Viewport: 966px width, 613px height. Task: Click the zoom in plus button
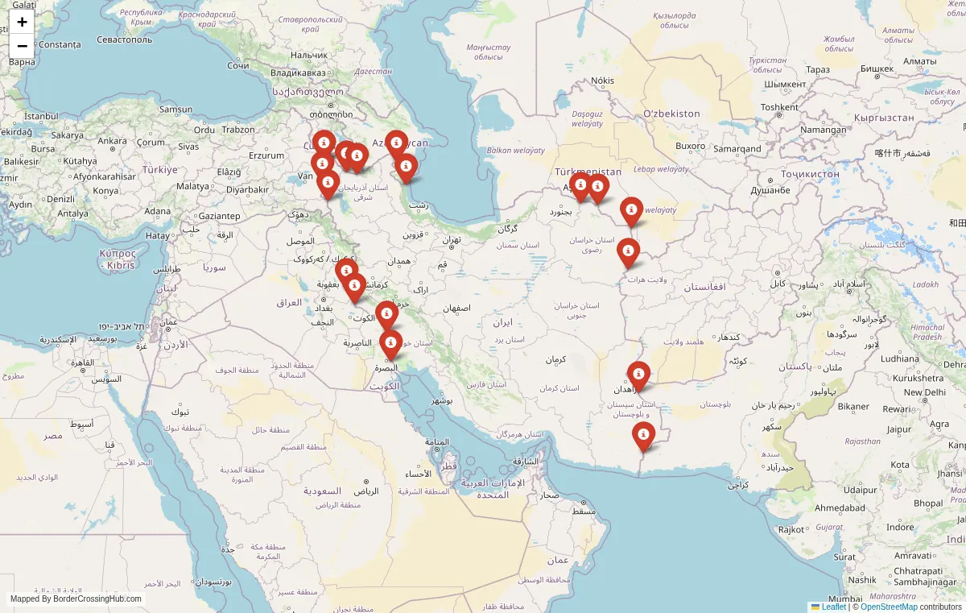point(22,22)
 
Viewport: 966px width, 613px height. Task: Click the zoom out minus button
point(22,46)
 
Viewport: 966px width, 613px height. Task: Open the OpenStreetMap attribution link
point(889,607)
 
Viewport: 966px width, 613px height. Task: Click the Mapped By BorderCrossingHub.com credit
point(76,599)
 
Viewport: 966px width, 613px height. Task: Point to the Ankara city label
point(113,141)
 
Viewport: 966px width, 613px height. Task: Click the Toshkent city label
point(779,107)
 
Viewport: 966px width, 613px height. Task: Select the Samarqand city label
point(737,149)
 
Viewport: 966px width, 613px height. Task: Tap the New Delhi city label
point(923,392)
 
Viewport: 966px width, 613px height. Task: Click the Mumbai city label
point(844,599)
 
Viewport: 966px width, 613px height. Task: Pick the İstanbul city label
point(42,117)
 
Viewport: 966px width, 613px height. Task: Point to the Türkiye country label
point(159,170)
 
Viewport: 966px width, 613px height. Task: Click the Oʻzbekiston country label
point(671,114)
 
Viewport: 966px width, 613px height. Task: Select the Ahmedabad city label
point(840,508)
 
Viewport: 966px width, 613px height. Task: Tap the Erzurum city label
point(266,155)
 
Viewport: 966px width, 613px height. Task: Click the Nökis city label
point(602,81)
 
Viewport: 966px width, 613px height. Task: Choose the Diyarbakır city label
point(247,190)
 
